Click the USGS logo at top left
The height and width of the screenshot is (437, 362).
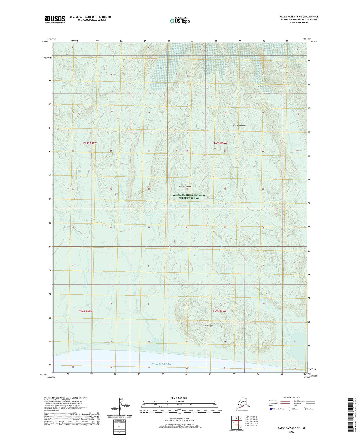[x=55, y=19]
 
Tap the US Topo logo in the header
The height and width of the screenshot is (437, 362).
[x=179, y=21]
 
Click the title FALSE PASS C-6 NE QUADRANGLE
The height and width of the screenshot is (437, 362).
[x=299, y=17]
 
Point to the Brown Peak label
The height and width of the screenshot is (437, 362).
[x=208, y=326]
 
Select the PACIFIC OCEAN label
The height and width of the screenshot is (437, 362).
[x=161, y=364]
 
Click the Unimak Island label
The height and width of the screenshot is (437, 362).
[x=185, y=186]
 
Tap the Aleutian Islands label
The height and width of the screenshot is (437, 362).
[x=239, y=125]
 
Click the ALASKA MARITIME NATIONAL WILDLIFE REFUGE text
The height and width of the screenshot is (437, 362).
[x=189, y=197]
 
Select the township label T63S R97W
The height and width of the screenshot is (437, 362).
[x=90, y=143]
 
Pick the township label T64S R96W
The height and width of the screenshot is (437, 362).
[x=219, y=311]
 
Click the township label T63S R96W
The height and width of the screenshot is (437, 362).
[x=220, y=143]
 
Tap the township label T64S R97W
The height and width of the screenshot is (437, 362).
[x=86, y=311]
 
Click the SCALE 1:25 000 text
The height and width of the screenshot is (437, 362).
[x=179, y=398]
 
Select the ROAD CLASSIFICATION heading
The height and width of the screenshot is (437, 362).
[x=292, y=398]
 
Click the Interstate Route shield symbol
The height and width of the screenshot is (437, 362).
[x=271, y=409]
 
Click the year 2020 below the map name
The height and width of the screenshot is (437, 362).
[x=291, y=432]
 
